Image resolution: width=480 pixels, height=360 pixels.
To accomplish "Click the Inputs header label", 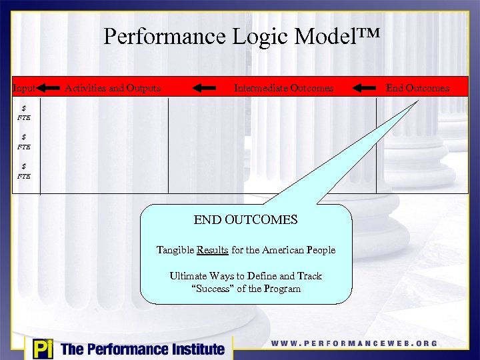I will point(24,88).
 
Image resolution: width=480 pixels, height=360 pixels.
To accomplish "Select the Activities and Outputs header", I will point(113,88).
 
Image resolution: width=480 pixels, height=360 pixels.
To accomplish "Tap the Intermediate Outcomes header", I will point(283,88).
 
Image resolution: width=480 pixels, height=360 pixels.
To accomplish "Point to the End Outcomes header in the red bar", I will point(417,88).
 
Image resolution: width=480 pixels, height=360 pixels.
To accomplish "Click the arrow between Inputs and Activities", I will point(48,87).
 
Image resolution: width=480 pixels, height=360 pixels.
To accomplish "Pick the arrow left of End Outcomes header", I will point(365,87).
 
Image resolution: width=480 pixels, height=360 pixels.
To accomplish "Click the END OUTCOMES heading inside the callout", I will point(245,219).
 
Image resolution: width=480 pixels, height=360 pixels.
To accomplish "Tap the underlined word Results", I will point(212,250).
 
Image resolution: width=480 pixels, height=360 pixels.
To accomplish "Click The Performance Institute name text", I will point(142,349).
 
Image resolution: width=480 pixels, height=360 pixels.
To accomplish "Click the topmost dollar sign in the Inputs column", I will point(24,108).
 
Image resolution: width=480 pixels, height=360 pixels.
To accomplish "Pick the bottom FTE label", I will point(24,176).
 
